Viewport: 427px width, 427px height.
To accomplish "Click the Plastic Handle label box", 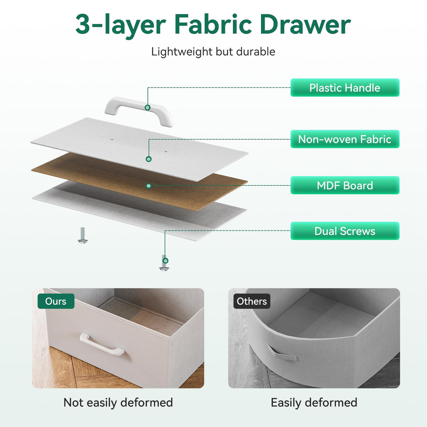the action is pos(345,88).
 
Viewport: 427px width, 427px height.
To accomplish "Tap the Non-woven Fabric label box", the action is pos(345,139).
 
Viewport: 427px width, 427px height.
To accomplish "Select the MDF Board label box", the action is pos(345,185).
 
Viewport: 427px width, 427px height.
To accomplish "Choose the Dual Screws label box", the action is pos(345,231).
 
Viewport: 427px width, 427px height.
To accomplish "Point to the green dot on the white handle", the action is pos(148,108).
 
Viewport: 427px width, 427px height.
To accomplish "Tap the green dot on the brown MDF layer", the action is pos(149,186).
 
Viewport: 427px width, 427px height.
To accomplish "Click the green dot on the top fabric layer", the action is pos(149,159).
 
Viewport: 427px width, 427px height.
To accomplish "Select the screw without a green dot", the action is pos(83,235).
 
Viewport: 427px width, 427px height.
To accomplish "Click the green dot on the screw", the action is pos(165,261).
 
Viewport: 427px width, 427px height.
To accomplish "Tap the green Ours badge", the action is pos(56,301).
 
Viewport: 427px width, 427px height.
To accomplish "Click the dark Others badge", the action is pos(252,301).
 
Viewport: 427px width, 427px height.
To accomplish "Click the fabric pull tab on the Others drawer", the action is pos(281,353).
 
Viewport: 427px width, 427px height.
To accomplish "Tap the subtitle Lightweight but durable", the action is pos(213,52).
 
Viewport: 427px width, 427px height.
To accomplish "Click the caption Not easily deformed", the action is pos(118,402).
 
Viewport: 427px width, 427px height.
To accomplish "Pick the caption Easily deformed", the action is pos(314,402).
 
